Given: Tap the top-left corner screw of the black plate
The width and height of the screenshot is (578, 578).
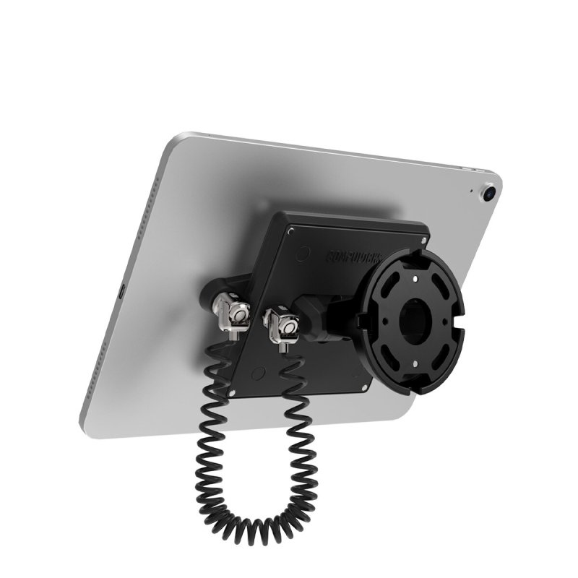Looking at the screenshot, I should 290,230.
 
